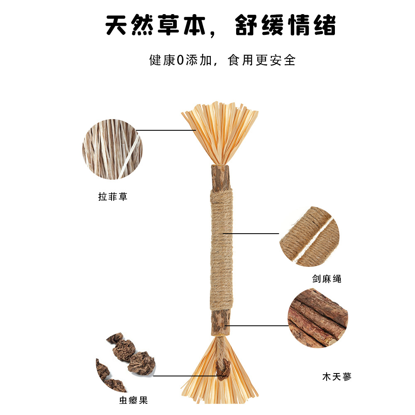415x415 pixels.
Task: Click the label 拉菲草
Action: click(113, 197)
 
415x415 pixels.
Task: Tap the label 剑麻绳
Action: click(327, 279)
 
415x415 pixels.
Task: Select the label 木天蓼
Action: click(337, 377)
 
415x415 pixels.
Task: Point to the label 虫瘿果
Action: click(133, 400)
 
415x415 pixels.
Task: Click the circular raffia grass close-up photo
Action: click(112, 149)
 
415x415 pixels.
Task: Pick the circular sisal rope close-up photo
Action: click(310, 237)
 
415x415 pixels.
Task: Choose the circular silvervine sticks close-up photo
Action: click(318, 318)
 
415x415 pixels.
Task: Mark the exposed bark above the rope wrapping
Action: click(220, 177)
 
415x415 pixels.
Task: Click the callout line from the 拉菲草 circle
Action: click(166, 130)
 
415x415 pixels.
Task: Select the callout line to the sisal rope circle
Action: click(251, 233)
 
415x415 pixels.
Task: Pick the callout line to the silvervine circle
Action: click(256, 325)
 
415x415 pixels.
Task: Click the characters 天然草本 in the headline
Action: click(156, 25)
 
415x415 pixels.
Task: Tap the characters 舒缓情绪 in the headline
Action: click(286, 25)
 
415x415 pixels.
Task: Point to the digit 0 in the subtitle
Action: click(180, 60)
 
